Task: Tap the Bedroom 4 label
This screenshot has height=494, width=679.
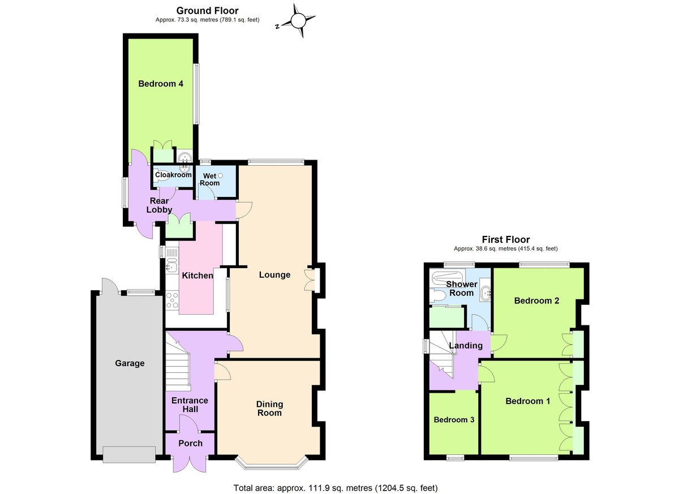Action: [161, 84]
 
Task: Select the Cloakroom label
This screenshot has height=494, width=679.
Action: [173, 175]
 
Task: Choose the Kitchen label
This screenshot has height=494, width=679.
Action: [197, 276]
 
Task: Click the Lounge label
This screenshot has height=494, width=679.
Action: [274, 275]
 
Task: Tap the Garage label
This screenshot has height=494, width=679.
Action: [130, 363]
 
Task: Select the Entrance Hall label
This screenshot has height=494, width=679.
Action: [190, 405]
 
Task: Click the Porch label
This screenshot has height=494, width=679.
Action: [190, 443]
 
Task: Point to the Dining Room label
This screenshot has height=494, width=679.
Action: [269, 409]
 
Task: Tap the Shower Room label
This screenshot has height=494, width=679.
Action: [461, 289]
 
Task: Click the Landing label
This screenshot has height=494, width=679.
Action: [466, 346]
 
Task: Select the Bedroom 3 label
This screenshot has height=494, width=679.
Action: [453, 420]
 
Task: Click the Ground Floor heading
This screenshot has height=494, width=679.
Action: [207, 10]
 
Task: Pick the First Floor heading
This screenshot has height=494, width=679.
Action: [506, 239]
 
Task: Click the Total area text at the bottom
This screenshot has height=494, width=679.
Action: [336, 488]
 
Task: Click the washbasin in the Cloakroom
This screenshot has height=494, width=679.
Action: [184, 168]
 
